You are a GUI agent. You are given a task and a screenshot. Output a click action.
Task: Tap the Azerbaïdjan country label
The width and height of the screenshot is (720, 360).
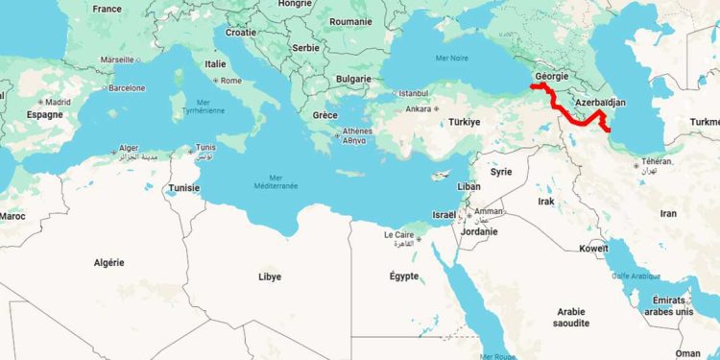(x=600, y=101)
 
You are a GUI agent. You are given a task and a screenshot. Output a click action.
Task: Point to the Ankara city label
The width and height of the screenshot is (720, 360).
(x=419, y=108)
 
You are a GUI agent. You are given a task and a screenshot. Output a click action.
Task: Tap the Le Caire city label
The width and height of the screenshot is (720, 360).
(x=398, y=234)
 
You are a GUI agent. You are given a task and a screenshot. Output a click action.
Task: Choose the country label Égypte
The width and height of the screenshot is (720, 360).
(x=403, y=276)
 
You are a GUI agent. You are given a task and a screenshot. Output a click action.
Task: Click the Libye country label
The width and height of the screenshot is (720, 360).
(x=271, y=276)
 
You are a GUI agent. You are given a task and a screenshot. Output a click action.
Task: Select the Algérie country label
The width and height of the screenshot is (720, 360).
(x=108, y=262)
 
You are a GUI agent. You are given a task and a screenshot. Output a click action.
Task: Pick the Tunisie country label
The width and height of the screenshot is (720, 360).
(x=184, y=187)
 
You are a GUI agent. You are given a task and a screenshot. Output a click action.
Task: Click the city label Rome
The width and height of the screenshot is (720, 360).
(x=231, y=81)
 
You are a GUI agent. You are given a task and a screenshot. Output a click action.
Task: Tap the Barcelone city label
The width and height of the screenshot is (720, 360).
(x=127, y=87)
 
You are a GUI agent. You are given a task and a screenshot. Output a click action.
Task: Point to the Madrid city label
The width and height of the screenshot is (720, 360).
(x=58, y=102)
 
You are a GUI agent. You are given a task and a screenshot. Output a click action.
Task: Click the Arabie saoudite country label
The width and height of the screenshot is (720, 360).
(x=571, y=317)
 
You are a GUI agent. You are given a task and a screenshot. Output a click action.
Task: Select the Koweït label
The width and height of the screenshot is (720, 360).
(x=593, y=248)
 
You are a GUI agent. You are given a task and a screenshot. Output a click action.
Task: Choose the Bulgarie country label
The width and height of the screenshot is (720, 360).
(x=354, y=79)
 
